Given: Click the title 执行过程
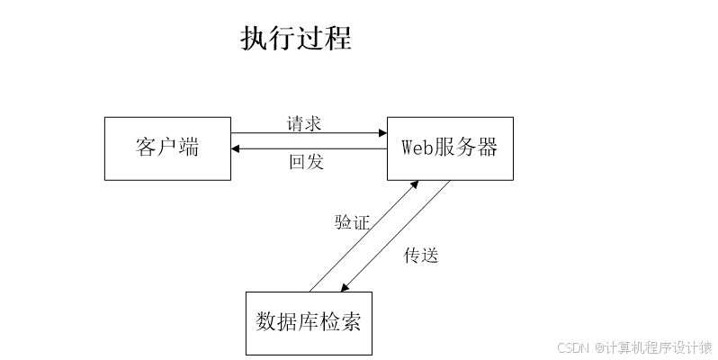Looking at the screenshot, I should (x=296, y=38).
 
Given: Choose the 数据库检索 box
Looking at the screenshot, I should (x=309, y=322).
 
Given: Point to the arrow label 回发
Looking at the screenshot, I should (x=305, y=163).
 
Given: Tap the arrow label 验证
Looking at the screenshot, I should (x=352, y=222).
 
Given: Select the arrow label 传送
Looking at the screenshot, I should (x=420, y=255).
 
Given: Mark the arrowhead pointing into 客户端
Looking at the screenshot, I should (x=237, y=149).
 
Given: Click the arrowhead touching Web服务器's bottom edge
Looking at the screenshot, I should (x=415, y=184).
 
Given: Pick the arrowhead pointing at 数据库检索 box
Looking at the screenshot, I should (x=345, y=288).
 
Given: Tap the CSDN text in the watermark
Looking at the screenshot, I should (x=571, y=347).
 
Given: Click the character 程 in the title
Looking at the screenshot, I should (x=338, y=38).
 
